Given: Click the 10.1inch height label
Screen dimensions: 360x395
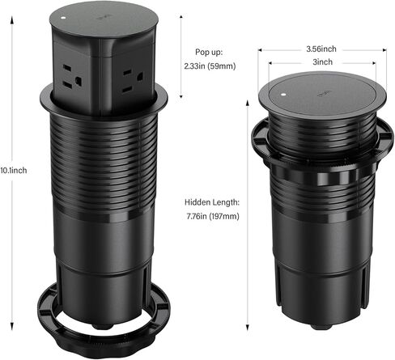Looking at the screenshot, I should click(14, 171).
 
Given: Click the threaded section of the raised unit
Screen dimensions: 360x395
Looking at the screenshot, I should click(104, 162).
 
